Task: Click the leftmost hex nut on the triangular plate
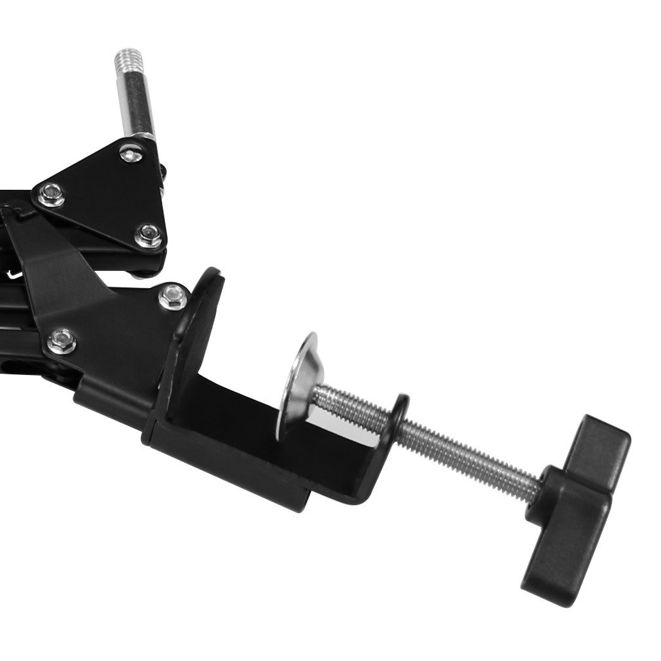50,194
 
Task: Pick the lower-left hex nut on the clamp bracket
62,339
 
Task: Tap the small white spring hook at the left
12,276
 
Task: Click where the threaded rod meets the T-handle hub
540,488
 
